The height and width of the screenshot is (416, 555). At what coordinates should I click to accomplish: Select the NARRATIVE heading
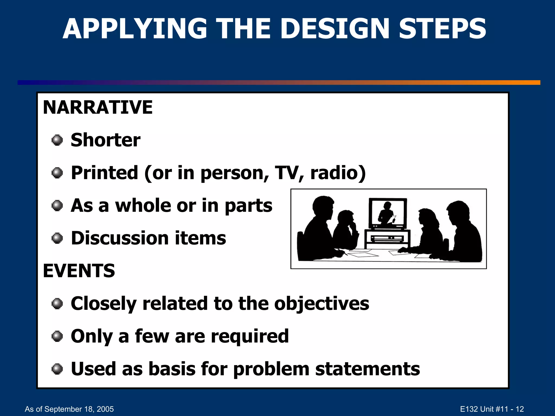(98, 107)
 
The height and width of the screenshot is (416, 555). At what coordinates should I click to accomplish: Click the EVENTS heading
(79, 271)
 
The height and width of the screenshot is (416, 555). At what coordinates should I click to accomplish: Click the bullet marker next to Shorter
(57, 140)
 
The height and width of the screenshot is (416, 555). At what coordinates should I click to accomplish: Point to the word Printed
(104, 173)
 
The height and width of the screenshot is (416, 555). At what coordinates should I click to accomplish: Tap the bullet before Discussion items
(57, 238)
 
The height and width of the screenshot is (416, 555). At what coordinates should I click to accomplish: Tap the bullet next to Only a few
(57, 336)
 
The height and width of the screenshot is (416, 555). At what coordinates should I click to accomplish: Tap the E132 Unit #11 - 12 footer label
(492, 409)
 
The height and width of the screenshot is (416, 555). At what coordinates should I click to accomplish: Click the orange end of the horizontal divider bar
(531, 83)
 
